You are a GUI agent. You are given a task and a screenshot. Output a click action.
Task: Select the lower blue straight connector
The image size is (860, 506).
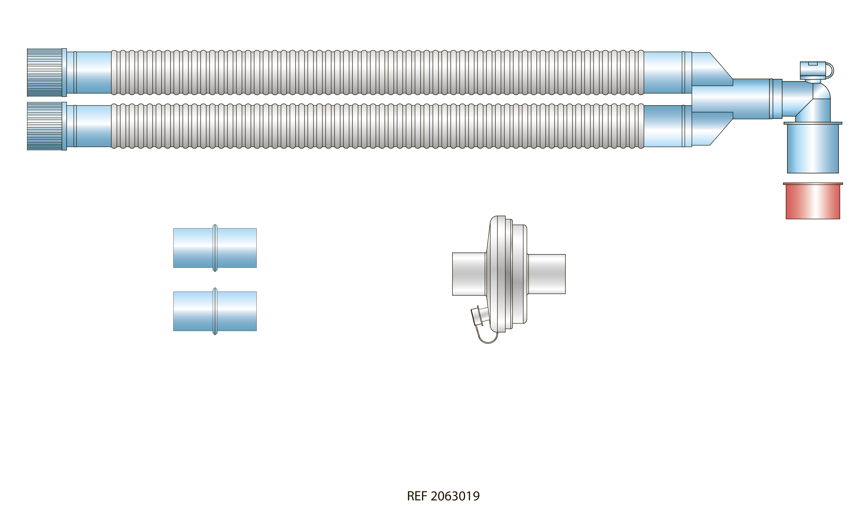[215, 311]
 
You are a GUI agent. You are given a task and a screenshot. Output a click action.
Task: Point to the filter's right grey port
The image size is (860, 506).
[547, 274]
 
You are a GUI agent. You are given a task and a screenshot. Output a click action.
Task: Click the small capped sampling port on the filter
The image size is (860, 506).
[478, 316]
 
